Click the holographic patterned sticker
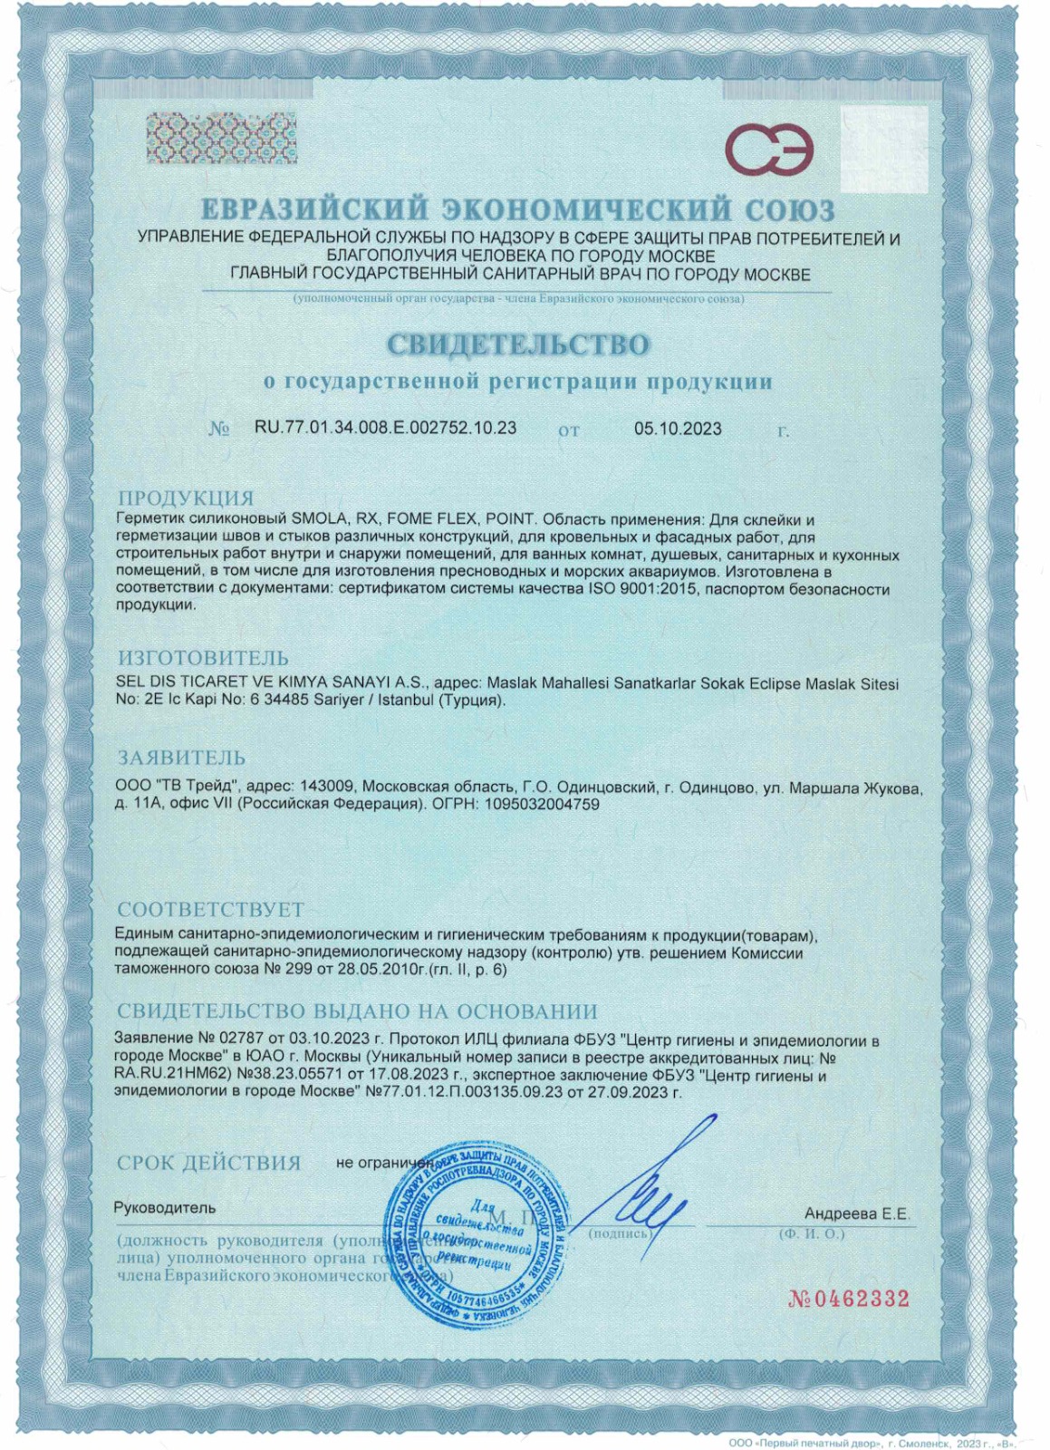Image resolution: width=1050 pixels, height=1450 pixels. click(222, 138)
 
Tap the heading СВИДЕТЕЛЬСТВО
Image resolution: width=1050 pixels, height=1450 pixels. click(518, 345)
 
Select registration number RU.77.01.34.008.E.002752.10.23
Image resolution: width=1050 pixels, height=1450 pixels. click(385, 428)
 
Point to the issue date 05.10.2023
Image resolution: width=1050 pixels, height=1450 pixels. click(678, 429)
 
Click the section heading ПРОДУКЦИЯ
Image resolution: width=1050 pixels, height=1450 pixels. click(186, 498)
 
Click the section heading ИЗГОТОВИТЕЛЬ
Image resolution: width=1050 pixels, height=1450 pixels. click(203, 658)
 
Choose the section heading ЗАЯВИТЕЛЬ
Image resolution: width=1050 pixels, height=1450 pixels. click(181, 758)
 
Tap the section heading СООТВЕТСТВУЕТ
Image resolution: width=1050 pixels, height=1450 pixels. click(210, 909)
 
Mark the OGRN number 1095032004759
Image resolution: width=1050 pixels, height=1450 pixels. click(542, 804)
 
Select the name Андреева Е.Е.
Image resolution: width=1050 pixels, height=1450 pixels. click(856, 1213)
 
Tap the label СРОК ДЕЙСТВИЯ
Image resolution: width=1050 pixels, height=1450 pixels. click(208, 1163)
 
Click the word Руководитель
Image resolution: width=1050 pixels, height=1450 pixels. click(165, 1208)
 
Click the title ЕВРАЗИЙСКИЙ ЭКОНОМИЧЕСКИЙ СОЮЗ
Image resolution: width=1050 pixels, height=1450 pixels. click(517, 210)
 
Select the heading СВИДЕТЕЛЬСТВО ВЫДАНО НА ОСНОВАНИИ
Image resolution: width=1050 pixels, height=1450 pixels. click(357, 1011)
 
